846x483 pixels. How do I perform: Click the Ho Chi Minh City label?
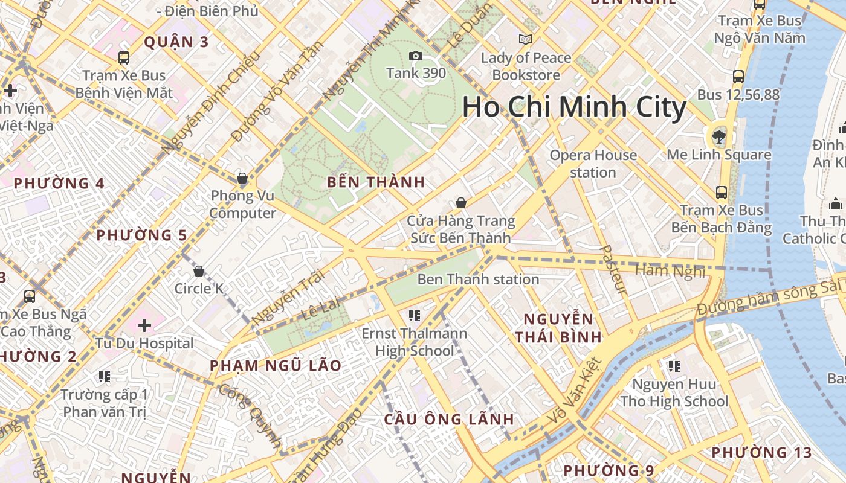point(574,107)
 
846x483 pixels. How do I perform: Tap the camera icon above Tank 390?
point(416,56)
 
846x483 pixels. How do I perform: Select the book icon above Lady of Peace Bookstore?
point(526,40)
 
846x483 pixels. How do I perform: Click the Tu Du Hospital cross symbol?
point(144,326)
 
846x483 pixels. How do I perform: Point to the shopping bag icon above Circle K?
point(199,271)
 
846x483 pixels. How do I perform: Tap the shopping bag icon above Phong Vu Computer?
point(242,178)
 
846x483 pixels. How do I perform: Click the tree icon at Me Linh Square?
point(719,136)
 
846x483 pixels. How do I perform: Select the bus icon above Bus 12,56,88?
point(738,77)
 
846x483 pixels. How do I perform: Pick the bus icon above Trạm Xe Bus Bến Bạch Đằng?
point(721,193)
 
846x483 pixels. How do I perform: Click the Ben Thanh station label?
point(478,280)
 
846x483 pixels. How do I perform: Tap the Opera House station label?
point(593,164)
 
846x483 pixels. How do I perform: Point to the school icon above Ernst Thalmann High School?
point(414,315)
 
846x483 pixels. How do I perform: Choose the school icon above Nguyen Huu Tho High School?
point(674,366)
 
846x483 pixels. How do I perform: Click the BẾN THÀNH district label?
point(376,182)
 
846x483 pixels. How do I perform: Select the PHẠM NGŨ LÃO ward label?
point(276,365)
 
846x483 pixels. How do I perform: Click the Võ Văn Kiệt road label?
point(575,391)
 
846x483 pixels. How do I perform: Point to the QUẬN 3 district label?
point(168,42)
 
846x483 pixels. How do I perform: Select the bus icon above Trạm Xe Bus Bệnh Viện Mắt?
point(124,58)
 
